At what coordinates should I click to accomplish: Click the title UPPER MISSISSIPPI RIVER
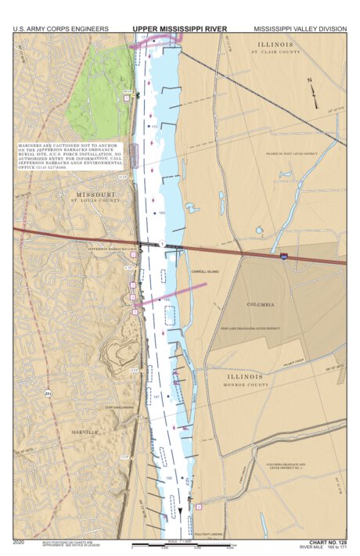(x=179, y=29)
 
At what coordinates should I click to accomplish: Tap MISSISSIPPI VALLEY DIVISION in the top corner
(x=299, y=29)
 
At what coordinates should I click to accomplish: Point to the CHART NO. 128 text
(x=327, y=541)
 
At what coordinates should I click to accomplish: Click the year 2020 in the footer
(x=20, y=541)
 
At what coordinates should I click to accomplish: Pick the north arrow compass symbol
(x=314, y=92)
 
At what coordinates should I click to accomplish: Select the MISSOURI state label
(x=96, y=193)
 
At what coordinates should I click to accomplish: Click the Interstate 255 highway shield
(x=282, y=255)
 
